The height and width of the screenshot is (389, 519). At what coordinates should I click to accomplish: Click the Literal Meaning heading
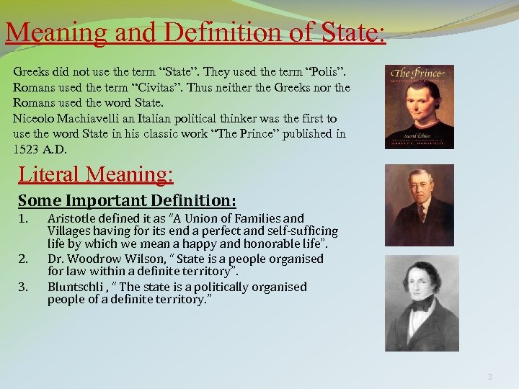96,174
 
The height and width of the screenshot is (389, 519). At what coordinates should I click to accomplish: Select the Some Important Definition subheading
127,200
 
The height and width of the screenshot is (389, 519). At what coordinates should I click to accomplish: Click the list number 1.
23,218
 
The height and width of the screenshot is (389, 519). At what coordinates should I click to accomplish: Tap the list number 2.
23,258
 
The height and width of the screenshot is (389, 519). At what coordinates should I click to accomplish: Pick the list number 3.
23,287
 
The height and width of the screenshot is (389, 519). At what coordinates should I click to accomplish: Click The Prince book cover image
420,107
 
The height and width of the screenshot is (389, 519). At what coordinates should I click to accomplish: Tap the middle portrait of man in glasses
420,205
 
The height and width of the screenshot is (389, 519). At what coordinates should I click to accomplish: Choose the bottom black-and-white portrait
422,305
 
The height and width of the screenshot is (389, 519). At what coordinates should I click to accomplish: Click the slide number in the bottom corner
490,375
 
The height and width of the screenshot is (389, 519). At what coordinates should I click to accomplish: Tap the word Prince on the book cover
425,73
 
